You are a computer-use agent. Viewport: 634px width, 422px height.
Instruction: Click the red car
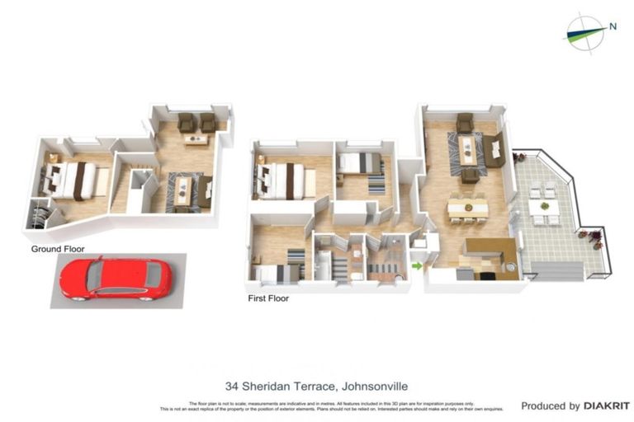pyautogui.click(x=116, y=278)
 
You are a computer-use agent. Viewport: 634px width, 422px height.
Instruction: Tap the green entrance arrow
pyautogui.click(x=417, y=265)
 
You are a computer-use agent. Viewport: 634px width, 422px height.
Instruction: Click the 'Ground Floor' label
pyautogui.click(x=58, y=248)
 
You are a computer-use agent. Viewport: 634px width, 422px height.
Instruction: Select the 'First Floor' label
pyautogui.click(x=267, y=298)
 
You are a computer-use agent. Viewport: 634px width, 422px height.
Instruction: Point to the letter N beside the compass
pyautogui.click(x=613, y=26)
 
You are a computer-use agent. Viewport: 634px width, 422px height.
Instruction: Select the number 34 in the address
pyautogui.click(x=232, y=386)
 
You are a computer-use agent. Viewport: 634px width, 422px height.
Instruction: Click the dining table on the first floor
pyautogui.click(x=467, y=208)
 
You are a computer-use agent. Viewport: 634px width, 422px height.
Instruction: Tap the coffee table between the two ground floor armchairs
pyautogui.click(x=196, y=138)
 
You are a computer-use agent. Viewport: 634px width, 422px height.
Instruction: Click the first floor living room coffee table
pyautogui.click(x=468, y=151)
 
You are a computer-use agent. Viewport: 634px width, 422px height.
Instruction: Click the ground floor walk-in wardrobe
pyautogui.click(x=40, y=216)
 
